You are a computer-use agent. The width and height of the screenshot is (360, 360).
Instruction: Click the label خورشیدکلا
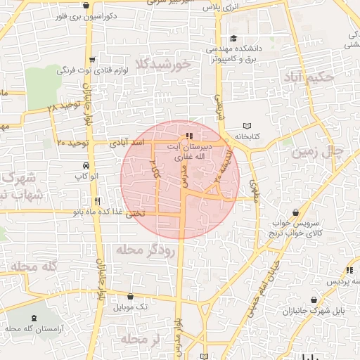[165, 65]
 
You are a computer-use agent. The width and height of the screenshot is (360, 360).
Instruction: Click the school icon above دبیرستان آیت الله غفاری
[188, 136]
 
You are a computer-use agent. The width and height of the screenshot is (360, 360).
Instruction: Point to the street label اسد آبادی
[129, 143]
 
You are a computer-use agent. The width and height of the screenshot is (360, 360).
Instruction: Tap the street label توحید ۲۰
[71, 143]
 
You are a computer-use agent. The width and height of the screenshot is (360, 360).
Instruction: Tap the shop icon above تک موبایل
[132, 297]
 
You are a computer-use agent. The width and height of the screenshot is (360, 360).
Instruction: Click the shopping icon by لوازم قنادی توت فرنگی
[92, 60]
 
